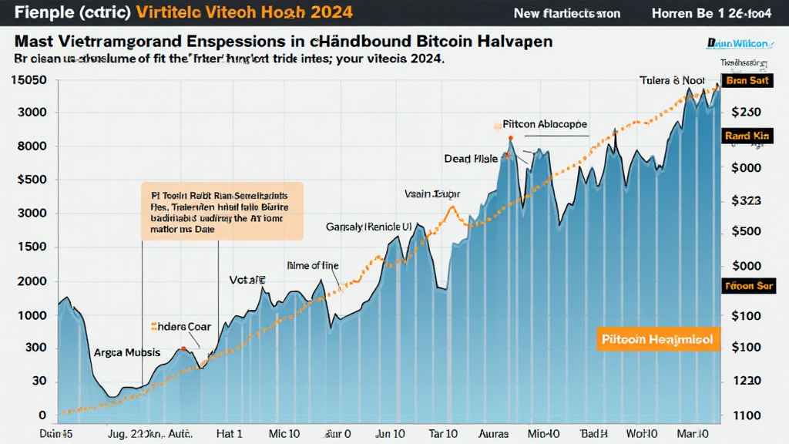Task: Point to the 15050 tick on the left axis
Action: point(27,80)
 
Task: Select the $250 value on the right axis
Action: point(746,112)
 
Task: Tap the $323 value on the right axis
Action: point(745,200)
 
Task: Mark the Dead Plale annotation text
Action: point(471,159)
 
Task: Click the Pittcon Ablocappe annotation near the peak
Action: point(545,123)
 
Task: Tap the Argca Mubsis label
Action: point(127,352)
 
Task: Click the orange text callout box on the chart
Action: point(222,208)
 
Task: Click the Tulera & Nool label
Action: point(671,80)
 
